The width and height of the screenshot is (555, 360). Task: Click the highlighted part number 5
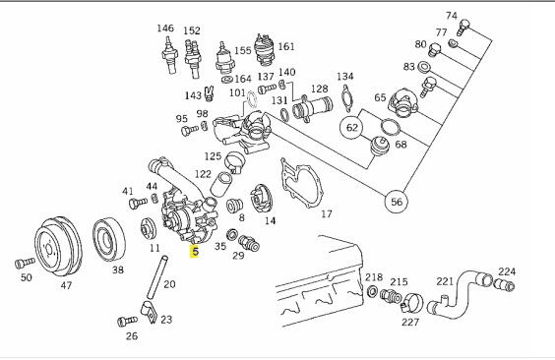pos(194,252)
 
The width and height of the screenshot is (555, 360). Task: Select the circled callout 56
pos(397,202)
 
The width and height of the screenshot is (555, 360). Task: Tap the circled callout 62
pos(351,127)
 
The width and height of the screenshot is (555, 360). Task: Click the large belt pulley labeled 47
pos(58,247)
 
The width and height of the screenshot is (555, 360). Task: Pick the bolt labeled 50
pos(25,263)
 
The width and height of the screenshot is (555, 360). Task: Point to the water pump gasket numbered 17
pos(301,183)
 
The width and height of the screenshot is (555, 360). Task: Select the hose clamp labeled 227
pos(412,303)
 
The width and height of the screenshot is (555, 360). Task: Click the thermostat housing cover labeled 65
pos(403,102)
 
